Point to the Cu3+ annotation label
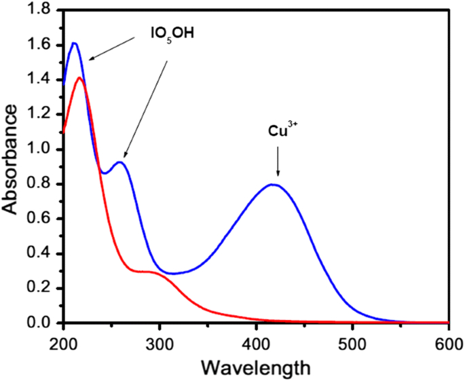point(278,130)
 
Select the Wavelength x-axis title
point(256,367)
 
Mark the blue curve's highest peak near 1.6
point(74,43)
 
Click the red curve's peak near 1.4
point(79,78)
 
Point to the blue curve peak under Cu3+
point(274,184)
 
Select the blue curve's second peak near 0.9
point(120,162)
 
